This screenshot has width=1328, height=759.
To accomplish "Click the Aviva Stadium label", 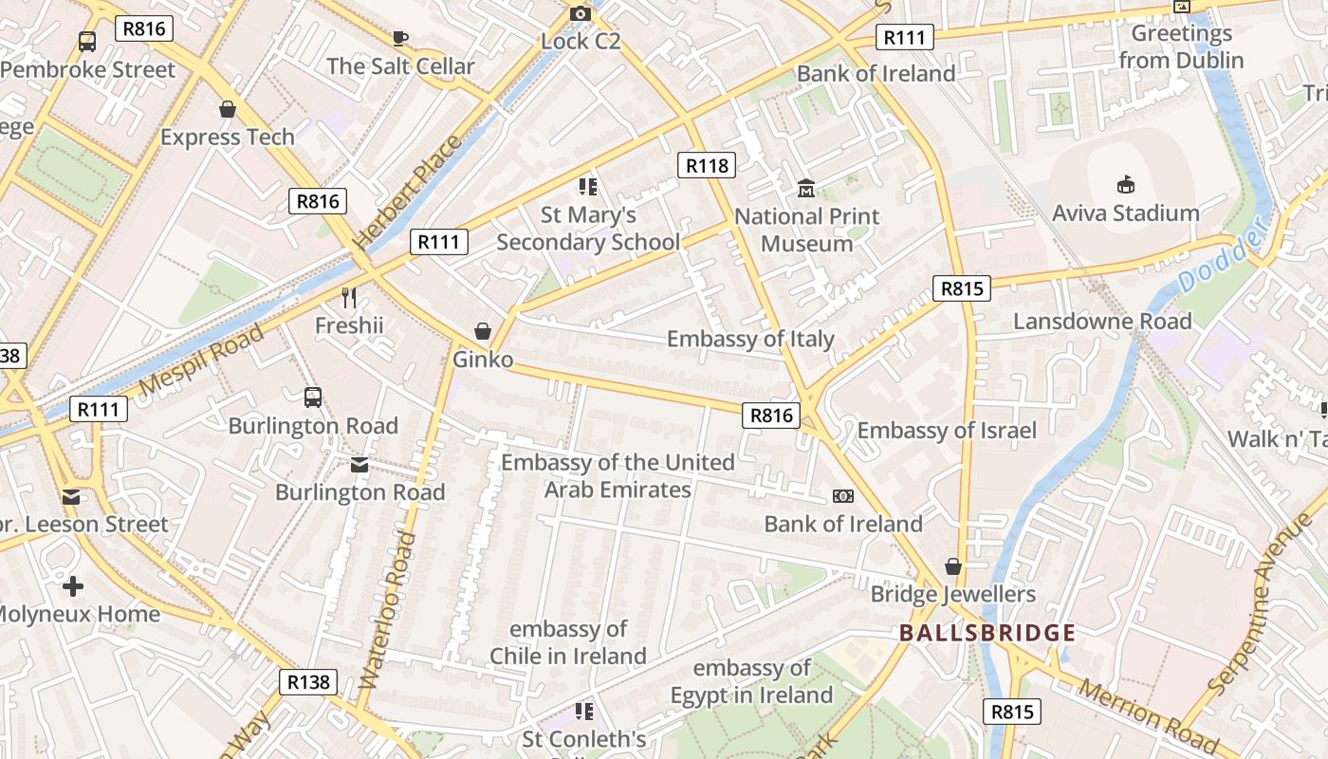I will point(1125,213).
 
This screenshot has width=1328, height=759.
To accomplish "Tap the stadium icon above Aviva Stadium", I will point(1126,184).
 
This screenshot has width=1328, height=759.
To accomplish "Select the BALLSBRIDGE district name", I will point(987,633).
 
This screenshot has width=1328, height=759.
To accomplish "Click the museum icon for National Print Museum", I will point(806,189).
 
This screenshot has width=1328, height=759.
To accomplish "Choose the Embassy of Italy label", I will point(750,340).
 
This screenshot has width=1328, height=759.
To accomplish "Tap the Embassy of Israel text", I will point(947,431).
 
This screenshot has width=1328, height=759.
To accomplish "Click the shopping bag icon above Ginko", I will point(483,331).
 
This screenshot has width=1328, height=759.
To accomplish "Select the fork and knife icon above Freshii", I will point(349,298).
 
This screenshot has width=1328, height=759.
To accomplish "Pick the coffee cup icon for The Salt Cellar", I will point(400,38).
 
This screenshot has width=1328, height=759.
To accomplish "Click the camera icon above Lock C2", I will point(580,13).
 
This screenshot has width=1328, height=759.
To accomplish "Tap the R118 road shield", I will point(708,166).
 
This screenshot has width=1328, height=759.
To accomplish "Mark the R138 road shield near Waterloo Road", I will point(308,681).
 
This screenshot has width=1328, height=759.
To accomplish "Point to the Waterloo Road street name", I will point(389,609).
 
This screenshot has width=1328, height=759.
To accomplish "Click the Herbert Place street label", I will point(407,193).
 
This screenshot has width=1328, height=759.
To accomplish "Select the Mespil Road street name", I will point(201,360).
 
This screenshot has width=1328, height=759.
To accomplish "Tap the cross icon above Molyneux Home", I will point(72,585).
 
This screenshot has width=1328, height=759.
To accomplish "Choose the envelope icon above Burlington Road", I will point(360,464).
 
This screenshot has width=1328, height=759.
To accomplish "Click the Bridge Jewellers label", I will point(953,595).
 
